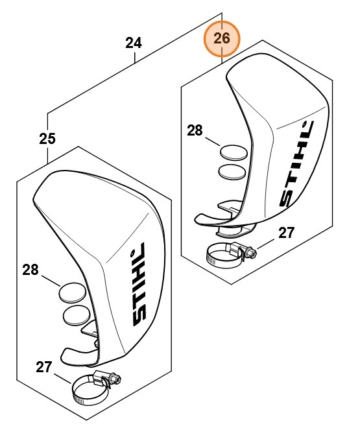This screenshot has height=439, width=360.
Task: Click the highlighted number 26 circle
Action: tap(222, 39)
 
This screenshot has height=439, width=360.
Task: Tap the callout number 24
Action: tap(134, 43)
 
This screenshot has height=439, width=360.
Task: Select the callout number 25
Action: tap(47, 138)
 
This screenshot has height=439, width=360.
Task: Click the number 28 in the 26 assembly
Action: tap(195, 130)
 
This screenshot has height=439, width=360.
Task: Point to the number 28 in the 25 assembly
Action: tap(30, 270)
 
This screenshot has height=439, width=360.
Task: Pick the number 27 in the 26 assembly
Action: tap(287, 233)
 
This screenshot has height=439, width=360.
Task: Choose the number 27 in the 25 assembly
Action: tap(43, 366)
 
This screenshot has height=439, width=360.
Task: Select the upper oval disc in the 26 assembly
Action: tap(232, 153)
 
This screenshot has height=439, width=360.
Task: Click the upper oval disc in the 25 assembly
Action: tap(72, 292)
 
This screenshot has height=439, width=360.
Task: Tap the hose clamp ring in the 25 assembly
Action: tap(87, 390)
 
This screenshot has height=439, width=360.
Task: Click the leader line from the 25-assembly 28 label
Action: tap(51, 281)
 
